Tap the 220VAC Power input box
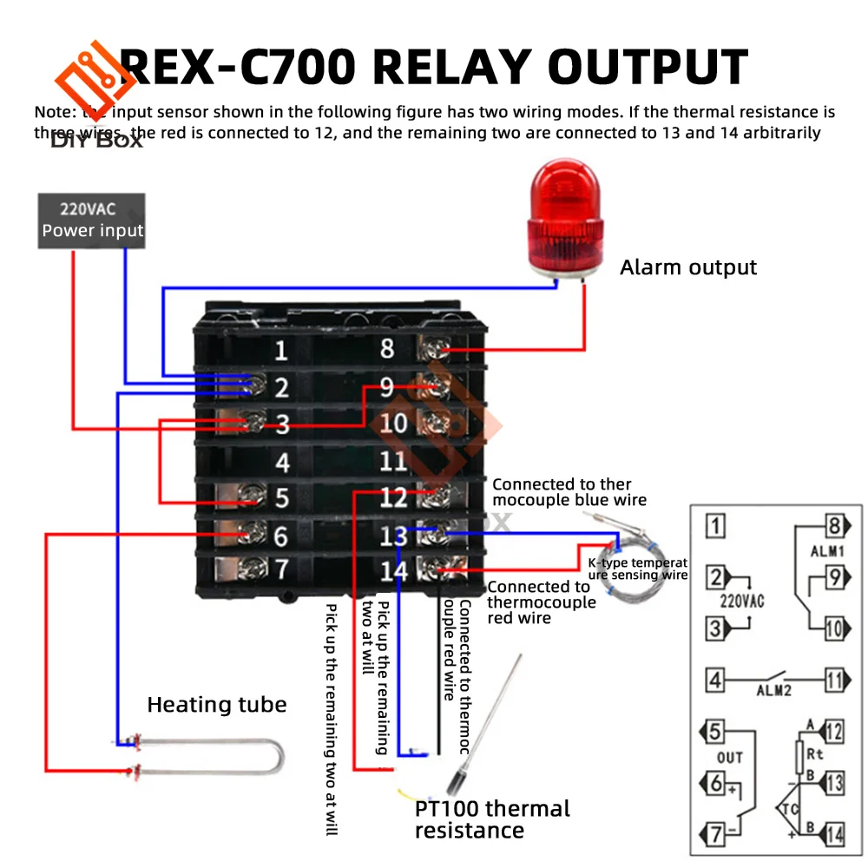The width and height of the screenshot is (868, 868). [91, 220]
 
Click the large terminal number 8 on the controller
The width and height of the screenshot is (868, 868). [387, 348]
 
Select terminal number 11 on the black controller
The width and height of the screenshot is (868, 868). [393, 461]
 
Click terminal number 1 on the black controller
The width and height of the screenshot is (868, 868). [280, 352]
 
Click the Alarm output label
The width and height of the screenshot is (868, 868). [687, 267]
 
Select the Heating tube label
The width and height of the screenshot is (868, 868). [216, 704]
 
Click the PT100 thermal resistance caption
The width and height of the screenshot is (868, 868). [492, 819]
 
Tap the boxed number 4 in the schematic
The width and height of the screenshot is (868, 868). [714, 680]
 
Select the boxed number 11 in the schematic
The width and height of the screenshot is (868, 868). [833, 680]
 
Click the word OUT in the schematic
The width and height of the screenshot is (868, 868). [729, 758]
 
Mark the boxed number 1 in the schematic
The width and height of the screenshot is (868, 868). [714, 525]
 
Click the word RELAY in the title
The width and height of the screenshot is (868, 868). [436, 67]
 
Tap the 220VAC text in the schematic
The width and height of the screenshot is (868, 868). [741, 600]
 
